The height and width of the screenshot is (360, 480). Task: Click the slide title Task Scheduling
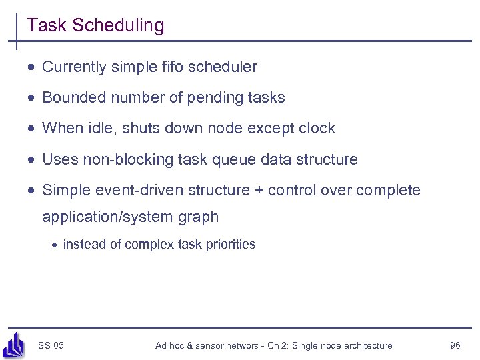coord(95,26)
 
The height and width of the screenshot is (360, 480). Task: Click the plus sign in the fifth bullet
coord(258,191)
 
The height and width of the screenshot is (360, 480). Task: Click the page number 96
coord(455,345)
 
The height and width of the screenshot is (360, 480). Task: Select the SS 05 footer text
coord(51,345)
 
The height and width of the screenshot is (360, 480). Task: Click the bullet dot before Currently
coord(32,67)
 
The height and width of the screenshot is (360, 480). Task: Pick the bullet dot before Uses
coord(32,160)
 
